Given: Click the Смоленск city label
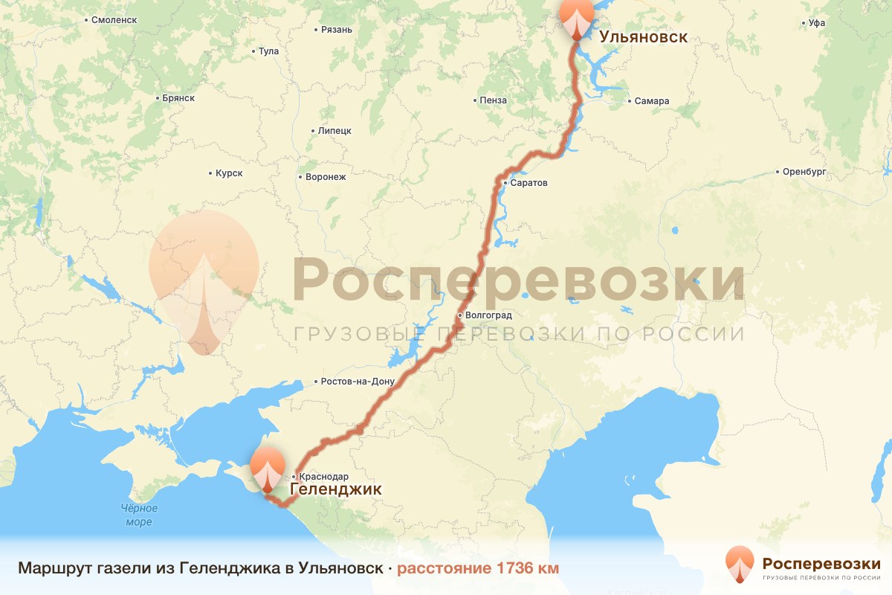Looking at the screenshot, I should point(111,19).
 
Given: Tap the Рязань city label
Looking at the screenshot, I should point(336,30).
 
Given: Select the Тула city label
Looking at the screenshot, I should point(268,51).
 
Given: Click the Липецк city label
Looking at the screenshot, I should point(334,130).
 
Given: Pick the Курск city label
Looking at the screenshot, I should point(229,173).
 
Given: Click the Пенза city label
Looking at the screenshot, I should point(494,100).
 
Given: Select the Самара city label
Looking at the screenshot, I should point(653,101).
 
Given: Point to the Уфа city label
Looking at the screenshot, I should point(817,23).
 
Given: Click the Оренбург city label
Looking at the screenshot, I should point(805,172).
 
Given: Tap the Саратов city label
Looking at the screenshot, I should point(529,183).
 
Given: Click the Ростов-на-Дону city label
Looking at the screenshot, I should point(357,382).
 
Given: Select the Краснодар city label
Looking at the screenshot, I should point(323,476).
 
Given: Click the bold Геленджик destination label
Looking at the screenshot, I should point(335,489).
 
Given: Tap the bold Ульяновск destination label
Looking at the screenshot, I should point(643,37).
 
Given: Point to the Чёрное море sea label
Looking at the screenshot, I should point(139,515).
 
